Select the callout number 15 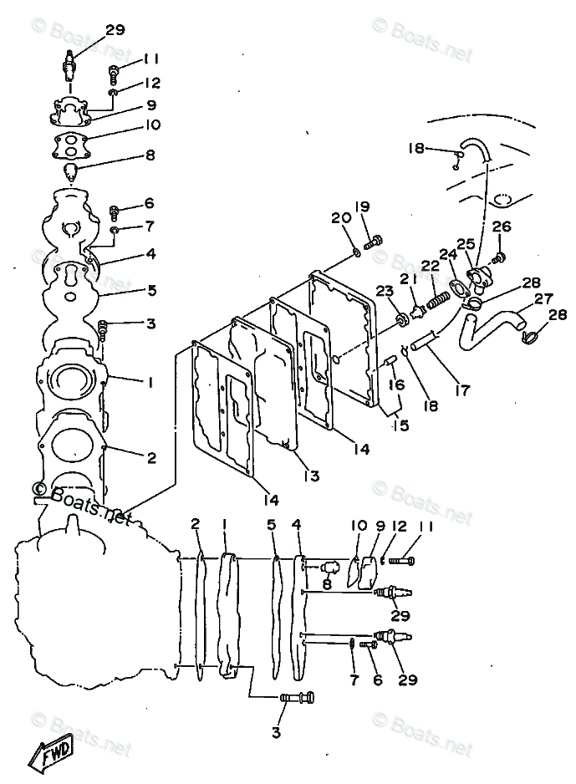(x=400, y=425)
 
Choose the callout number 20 (x=339, y=218)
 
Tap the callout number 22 (x=430, y=266)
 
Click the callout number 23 (x=384, y=291)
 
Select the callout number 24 (x=448, y=254)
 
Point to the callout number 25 (x=466, y=244)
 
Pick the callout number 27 (x=544, y=298)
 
